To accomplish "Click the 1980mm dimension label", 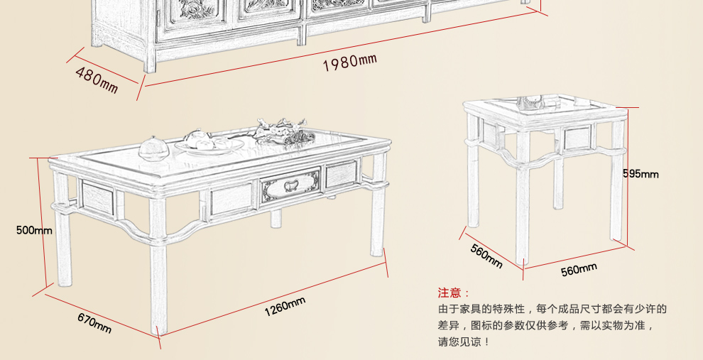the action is [x=349, y=62].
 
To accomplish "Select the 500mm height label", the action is [x=34, y=230].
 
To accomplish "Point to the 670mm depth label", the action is [x=94, y=323].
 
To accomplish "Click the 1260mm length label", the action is [x=285, y=307].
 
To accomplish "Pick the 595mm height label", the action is [x=641, y=173].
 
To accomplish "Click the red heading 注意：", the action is [x=454, y=293].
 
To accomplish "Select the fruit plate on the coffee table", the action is [x=209, y=142].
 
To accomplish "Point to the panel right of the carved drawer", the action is [x=341, y=175].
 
